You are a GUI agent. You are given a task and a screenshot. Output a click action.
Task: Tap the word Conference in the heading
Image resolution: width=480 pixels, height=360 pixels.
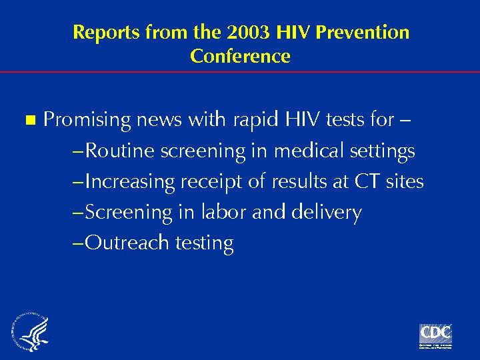click(240, 56)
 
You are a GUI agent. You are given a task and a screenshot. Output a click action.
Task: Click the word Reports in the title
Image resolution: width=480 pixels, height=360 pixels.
click(105, 32)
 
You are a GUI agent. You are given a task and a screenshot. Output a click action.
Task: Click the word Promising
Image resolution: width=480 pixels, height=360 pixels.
click(87, 121)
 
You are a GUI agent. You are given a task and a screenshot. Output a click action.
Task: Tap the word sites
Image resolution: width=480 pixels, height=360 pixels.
click(404, 181)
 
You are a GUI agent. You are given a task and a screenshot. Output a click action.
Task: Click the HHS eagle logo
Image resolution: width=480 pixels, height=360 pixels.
click(29, 332)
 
